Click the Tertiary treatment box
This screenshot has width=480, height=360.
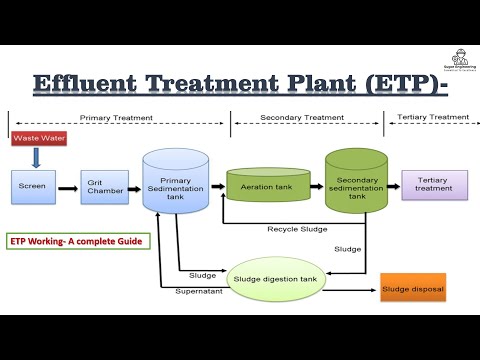coord(434,185)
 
